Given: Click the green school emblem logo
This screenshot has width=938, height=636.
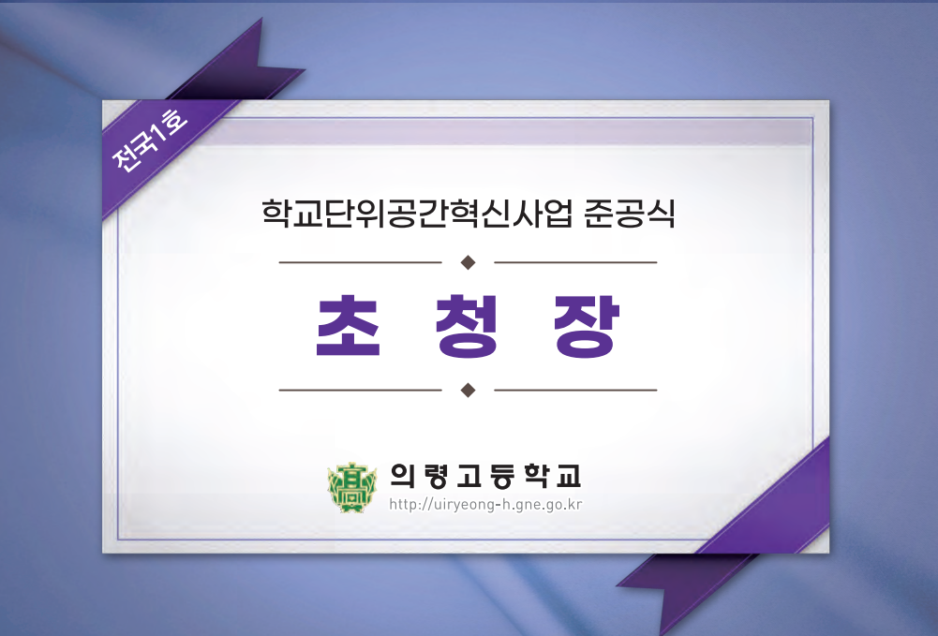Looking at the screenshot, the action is tap(352, 487).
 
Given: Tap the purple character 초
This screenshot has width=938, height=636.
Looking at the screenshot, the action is tap(349, 325).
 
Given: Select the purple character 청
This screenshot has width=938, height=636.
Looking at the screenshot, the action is tap(468, 326).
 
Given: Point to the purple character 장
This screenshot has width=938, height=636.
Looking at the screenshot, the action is tap(587, 326).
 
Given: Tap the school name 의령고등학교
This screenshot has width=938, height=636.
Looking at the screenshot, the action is tap(485, 475).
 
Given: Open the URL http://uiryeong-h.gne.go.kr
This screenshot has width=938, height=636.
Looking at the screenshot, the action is tap(485, 505).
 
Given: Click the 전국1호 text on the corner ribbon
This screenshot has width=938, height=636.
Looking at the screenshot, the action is tap(150, 141).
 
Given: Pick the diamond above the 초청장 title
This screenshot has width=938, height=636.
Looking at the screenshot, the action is tap(469, 262).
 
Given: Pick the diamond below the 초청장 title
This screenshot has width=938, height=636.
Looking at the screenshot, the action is tap(469, 391).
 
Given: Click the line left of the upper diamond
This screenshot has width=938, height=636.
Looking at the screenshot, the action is tap(360, 262).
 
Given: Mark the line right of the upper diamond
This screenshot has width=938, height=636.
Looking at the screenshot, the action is tap(575, 262).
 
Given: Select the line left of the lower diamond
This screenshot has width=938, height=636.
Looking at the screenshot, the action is tap(360, 391).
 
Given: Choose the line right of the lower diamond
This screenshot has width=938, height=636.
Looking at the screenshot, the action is tap(575, 391).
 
